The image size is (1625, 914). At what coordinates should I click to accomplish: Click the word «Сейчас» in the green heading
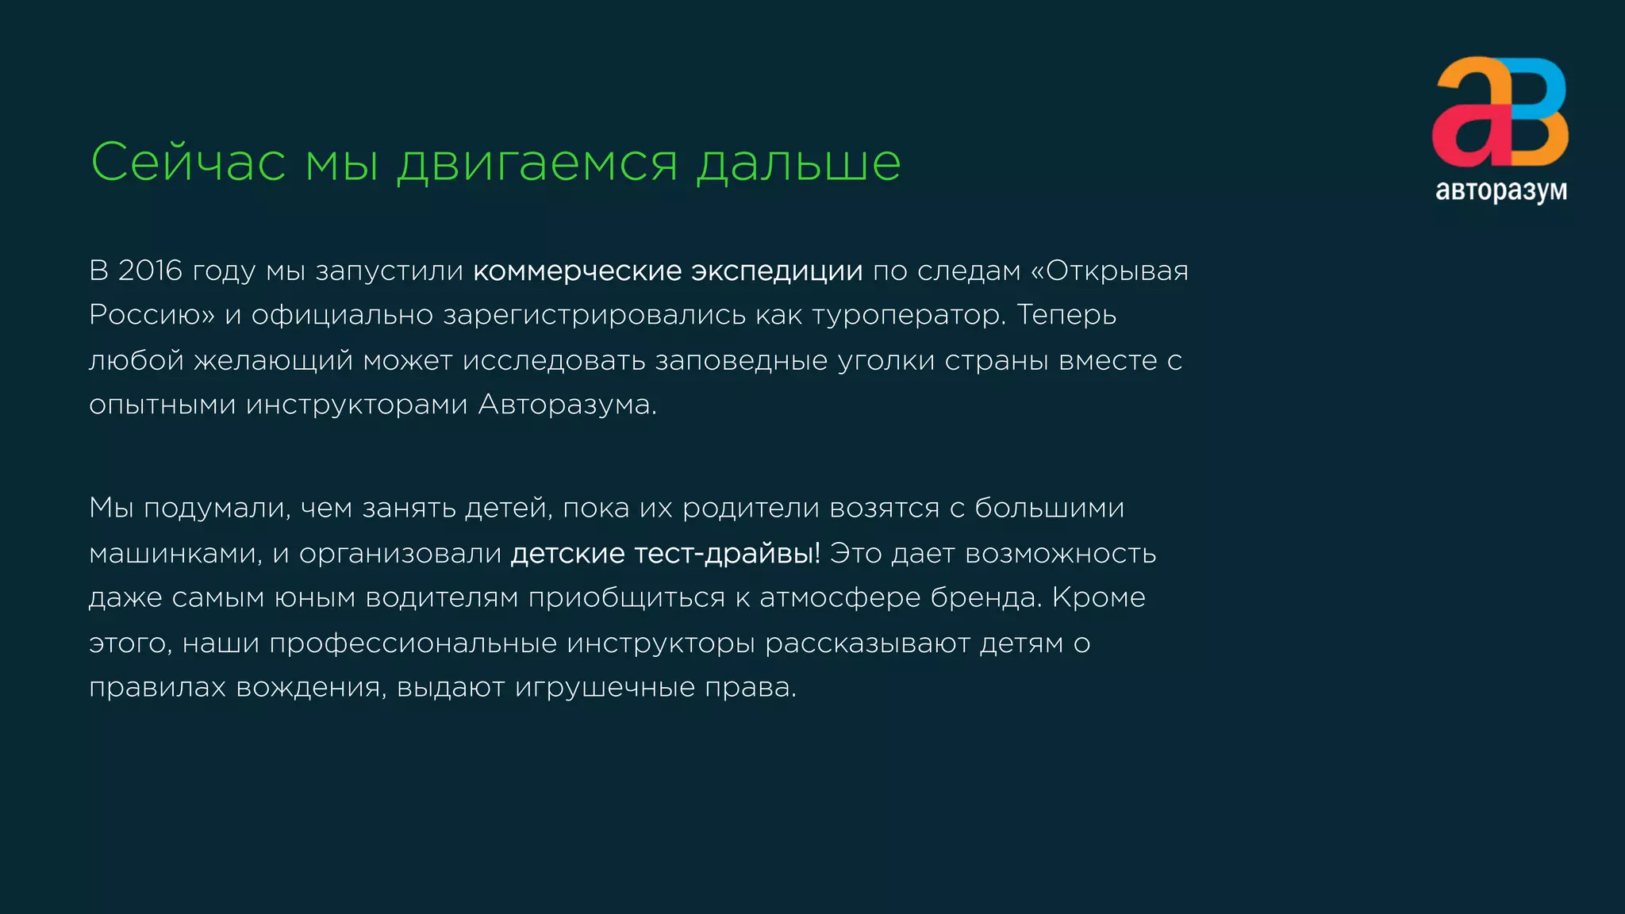click(188, 163)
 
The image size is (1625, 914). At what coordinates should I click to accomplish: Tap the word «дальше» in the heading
click(798, 163)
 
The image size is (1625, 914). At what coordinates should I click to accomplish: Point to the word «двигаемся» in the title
click(537, 164)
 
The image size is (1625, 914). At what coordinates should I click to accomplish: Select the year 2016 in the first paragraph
click(150, 271)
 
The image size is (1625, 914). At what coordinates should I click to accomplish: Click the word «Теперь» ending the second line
click(1066, 315)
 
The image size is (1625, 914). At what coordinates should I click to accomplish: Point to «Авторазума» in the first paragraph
click(567, 405)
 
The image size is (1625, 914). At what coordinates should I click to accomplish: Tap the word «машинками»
click(175, 554)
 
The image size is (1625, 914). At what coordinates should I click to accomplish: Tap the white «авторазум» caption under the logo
click(1501, 191)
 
